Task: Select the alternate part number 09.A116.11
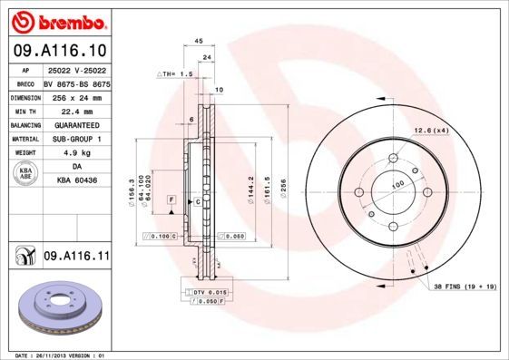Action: pyautogui.click(x=76, y=258)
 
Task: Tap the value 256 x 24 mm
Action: pyautogui.click(x=72, y=96)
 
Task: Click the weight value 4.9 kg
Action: pyautogui.click(x=72, y=153)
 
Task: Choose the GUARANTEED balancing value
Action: pyautogui.click(x=72, y=124)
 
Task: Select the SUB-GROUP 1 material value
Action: pyautogui.click(x=72, y=139)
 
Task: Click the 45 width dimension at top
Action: pyautogui.click(x=198, y=40)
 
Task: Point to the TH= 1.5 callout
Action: pyautogui.click(x=178, y=73)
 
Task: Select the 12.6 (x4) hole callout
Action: pyautogui.click(x=432, y=131)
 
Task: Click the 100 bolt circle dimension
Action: pyautogui.click(x=396, y=184)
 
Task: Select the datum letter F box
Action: pyautogui.click(x=171, y=198)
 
